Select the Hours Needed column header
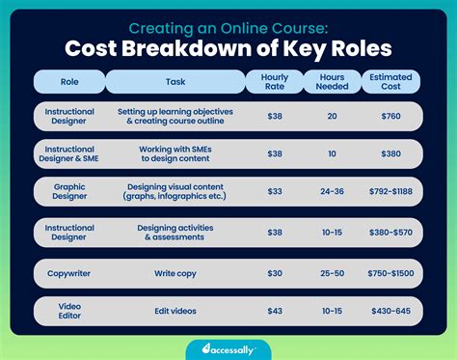pyautogui.click(x=332, y=81)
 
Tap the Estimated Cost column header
pyautogui.click(x=390, y=81)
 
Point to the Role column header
pyautogui.click(x=69, y=81)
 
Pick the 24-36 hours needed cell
pyautogui.click(x=332, y=191)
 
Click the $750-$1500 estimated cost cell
pyautogui.click(x=390, y=273)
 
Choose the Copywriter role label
pyautogui.click(x=69, y=273)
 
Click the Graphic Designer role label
pyautogui.click(x=69, y=191)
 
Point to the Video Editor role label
pyautogui.click(x=69, y=310)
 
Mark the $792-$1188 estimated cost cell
pyautogui.click(x=390, y=191)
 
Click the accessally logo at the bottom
pyautogui.click(x=228, y=349)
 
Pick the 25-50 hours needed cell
pyautogui.click(x=332, y=273)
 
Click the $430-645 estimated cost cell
pyautogui.click(x=390, y=310)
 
